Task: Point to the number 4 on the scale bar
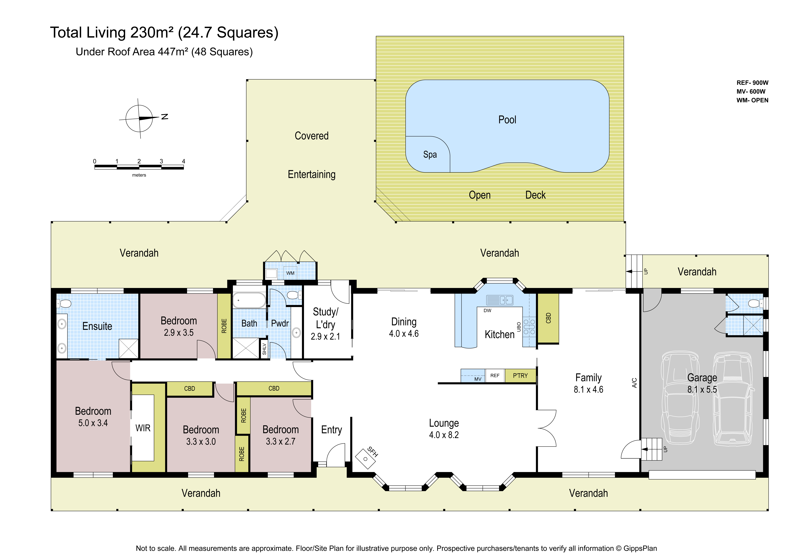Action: coord(183,161)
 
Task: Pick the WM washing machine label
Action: coord(290,273)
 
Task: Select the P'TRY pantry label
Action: coord(520,376)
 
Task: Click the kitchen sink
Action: coord(499,300)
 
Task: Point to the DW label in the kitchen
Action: coord(487,310)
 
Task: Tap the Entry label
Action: coord(332,430)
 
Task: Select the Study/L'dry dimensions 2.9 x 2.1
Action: coord(325,336)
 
